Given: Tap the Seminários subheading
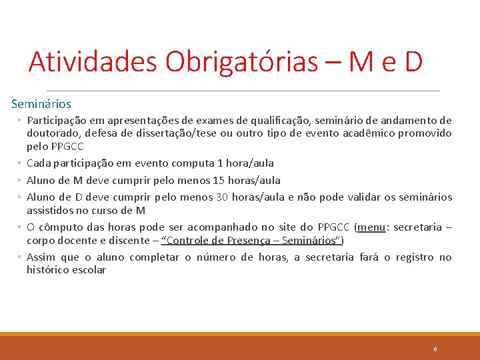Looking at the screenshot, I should tap(41, 104).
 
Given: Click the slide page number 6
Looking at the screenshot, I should tap(435, 349).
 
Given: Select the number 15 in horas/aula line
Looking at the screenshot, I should tap(217, 180).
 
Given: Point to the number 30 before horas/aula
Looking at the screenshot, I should tap(223, 197).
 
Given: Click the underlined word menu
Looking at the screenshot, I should tap(371, 227).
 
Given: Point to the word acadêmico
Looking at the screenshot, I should tap(359, 133).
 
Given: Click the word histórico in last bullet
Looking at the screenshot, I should tap(47, 270).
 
